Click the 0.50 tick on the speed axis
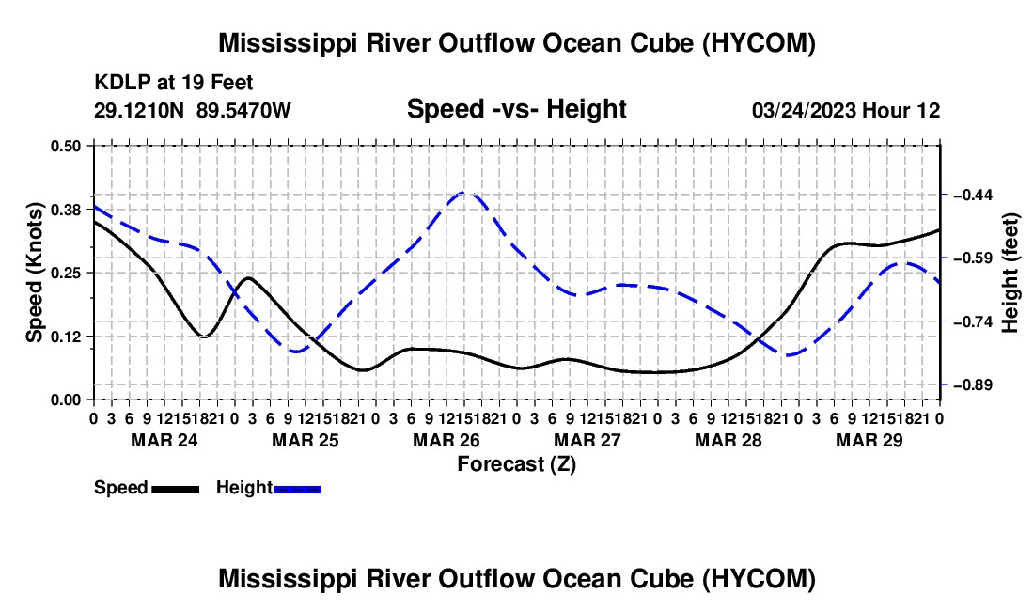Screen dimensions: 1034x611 [65, 146]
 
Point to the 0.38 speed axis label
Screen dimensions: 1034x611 [65, 210]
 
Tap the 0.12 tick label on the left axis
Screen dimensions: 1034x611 [65, 337]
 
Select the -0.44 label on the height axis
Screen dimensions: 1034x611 [973, 195]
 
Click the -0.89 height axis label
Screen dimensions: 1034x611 [973, 384]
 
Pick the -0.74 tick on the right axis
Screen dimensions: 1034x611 [973, 321]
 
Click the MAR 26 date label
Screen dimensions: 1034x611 [446, 440]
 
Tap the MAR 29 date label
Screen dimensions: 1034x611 [869, 440]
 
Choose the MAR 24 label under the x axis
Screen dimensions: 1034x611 [164, 440]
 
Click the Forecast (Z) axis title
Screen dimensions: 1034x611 [517, 464]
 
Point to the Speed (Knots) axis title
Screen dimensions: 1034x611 [34, 273]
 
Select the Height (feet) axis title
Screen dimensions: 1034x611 [1010, 273]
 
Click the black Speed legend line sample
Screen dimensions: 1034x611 [176, 490]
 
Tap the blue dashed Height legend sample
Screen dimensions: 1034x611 [297, 490]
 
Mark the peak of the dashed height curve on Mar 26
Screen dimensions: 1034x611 [465, 192]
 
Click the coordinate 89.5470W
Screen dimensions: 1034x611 [243, 110]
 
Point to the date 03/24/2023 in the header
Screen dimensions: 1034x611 [803, 110]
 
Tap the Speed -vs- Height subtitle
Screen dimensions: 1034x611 [516, 109]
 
